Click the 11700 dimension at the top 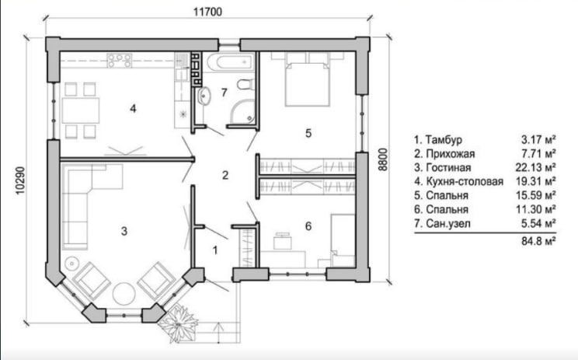coord(208,12)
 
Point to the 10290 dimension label coord(20,180)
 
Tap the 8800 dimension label coord(383,159)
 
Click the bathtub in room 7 coord(231,62)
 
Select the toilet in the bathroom coord(245,85)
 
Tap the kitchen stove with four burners coord(119,61)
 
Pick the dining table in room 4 coord(81,110)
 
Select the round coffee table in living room coord(124,294)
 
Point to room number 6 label coord(308,225)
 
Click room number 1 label coord(215,250)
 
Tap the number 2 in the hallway coord(225,175)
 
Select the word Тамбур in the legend coord(444,140)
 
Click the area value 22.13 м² coord(535,167)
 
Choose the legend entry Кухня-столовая coord(465,181)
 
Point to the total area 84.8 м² coord(538,241)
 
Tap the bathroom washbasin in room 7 coord(204,96)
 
